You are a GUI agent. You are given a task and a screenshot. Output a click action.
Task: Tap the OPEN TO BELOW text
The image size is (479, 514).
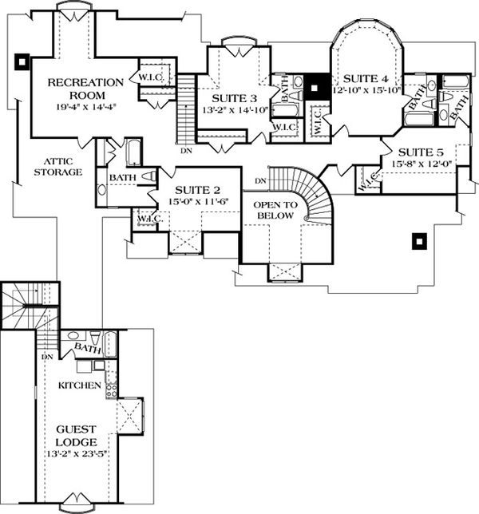pyautogui.click(x=275, y=210)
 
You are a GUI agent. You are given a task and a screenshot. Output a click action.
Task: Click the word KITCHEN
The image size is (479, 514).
pyautogui.click(x=79, y=385)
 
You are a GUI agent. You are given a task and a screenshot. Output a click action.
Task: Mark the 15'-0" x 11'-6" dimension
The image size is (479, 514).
pyautogui.click(x=193, y=204)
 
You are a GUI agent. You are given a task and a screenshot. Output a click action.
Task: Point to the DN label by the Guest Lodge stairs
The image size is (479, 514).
pyautogui.click(x=47, y=356)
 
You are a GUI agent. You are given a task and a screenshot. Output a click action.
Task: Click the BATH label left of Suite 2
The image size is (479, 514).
pyautogui.click(x=122, y=177)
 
